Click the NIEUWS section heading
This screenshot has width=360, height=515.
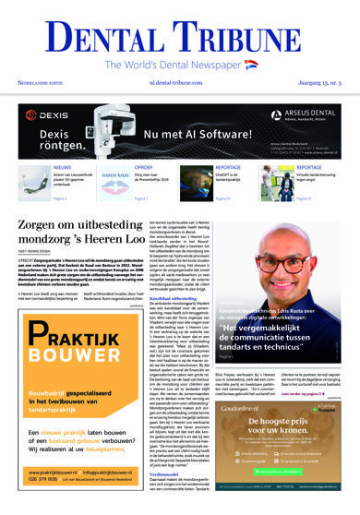60,168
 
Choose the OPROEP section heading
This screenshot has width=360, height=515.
144,168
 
